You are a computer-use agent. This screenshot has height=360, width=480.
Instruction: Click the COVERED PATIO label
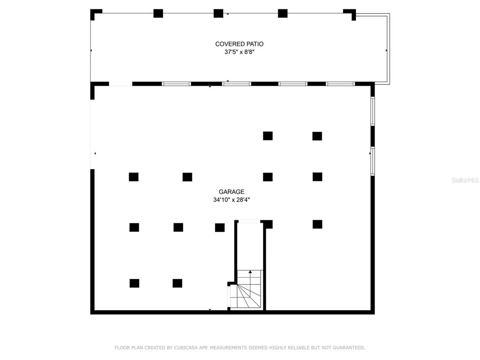pos(239,44)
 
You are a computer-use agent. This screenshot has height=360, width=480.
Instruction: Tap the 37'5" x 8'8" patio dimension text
pos(240,52)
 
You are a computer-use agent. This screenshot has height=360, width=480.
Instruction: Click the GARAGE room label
pos(232,192)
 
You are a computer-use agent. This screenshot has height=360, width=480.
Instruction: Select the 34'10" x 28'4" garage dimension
pos(232,200)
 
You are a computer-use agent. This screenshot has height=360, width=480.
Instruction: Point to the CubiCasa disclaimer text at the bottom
pos(240,348)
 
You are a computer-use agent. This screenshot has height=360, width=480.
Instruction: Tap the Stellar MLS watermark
pos(465,180)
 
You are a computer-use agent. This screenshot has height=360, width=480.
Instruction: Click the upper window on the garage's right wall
pos(373,111)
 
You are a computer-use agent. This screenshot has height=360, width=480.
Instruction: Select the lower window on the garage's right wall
pos(373,161)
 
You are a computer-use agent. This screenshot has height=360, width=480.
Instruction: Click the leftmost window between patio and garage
pos(176,84)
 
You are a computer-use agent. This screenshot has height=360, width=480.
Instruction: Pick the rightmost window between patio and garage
pos(340,84)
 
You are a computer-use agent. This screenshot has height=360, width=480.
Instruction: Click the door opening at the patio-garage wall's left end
pos(120,84)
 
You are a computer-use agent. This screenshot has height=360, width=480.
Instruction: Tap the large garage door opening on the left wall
pos(92,135)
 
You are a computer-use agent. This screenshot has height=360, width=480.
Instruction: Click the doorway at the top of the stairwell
pos(249,222)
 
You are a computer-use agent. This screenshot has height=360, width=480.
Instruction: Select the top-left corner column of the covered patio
pos(96,14)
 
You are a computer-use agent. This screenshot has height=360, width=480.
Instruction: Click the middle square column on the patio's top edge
pos(218,14)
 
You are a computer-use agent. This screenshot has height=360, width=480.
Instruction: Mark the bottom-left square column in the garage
pos(135,283)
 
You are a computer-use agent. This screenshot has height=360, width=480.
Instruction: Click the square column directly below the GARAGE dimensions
pos(220,227)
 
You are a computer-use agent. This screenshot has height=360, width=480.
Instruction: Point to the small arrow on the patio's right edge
pos(386,50)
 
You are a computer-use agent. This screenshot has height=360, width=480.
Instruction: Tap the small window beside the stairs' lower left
pos(229,297)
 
